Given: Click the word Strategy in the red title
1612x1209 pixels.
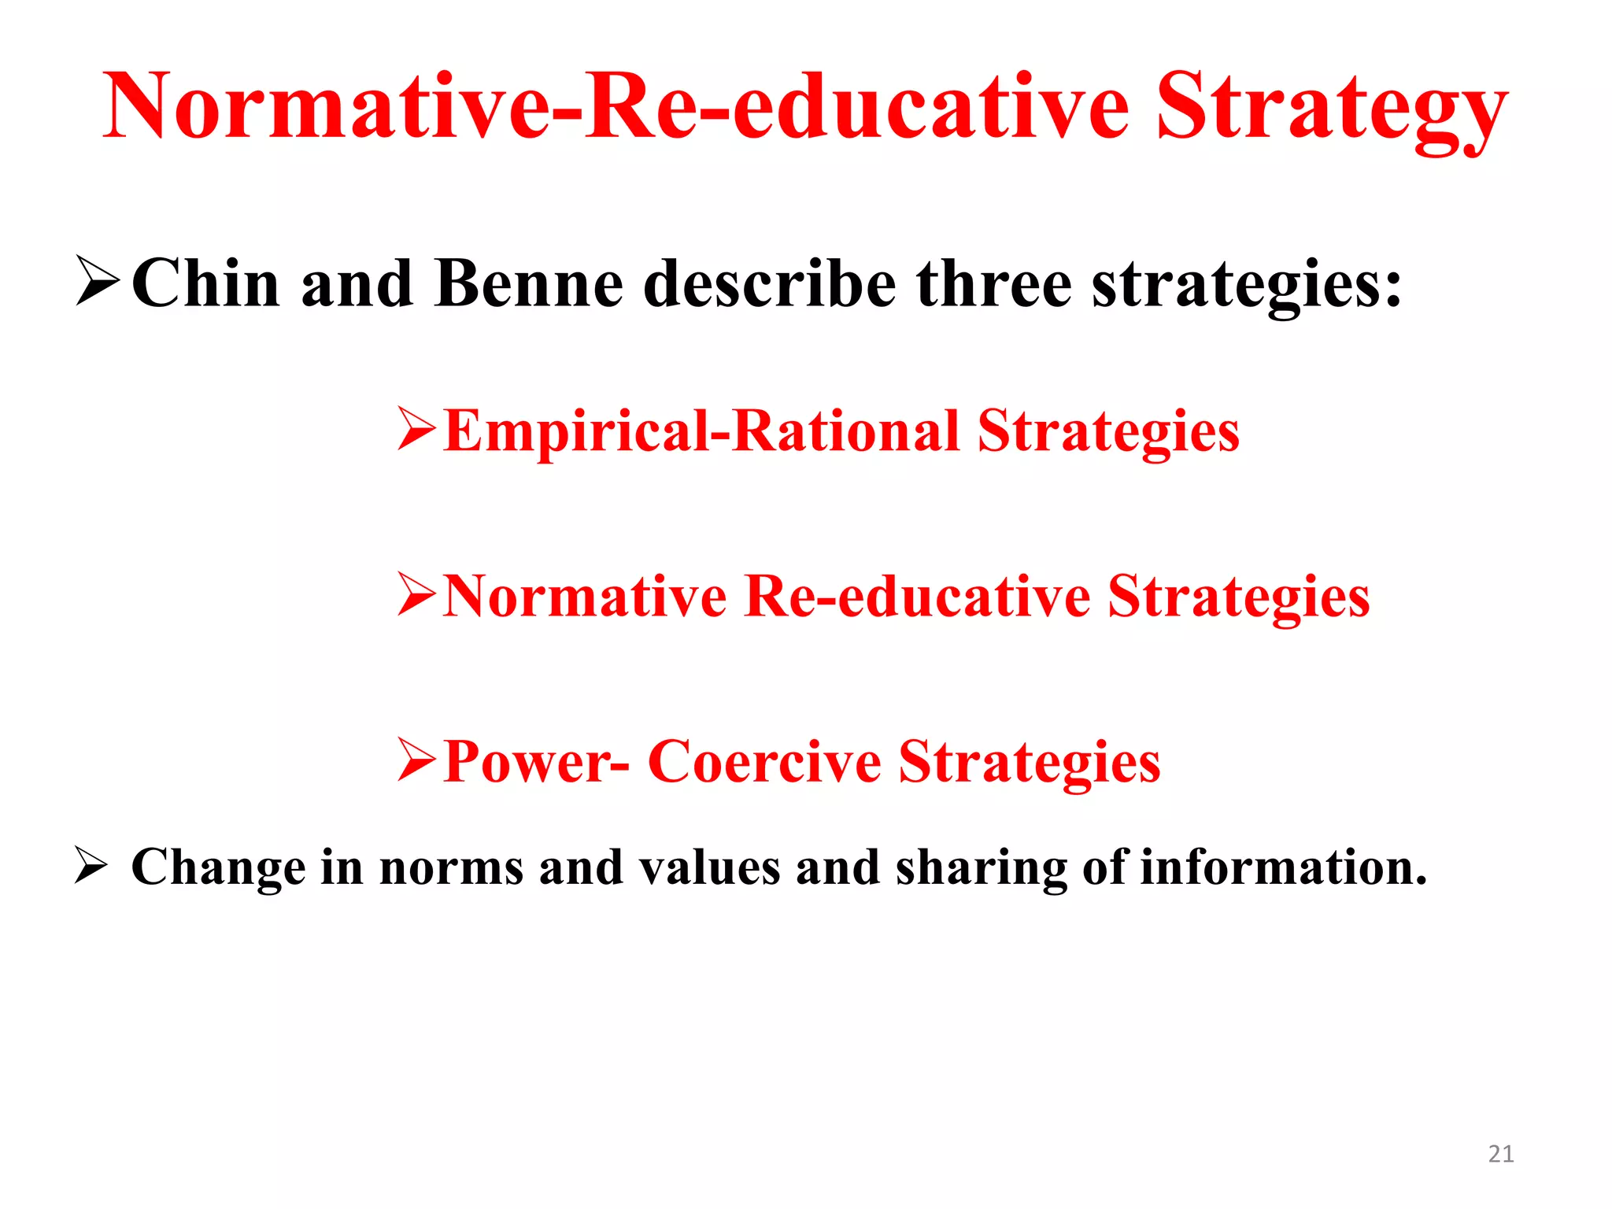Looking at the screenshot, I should pos(1330,110).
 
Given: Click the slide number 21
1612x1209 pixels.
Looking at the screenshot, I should pos(1501,1154).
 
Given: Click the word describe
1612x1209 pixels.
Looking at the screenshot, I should pos(769,285).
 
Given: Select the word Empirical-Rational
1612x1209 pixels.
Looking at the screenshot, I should pos(701,432).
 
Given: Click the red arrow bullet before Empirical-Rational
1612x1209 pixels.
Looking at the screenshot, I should pos(416,428).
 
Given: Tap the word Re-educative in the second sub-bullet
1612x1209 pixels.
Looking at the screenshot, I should pos(917,597).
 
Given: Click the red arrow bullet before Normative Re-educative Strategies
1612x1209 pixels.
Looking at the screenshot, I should pos(416,593).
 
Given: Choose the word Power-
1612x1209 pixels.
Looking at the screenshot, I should pos(535,762).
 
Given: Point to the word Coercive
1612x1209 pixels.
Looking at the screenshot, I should pos(763,762).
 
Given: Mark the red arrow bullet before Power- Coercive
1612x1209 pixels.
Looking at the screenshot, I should pos(416,760).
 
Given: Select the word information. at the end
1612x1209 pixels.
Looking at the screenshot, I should pos(1283,867).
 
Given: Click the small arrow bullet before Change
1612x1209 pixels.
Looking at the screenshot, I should pos(91,865).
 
